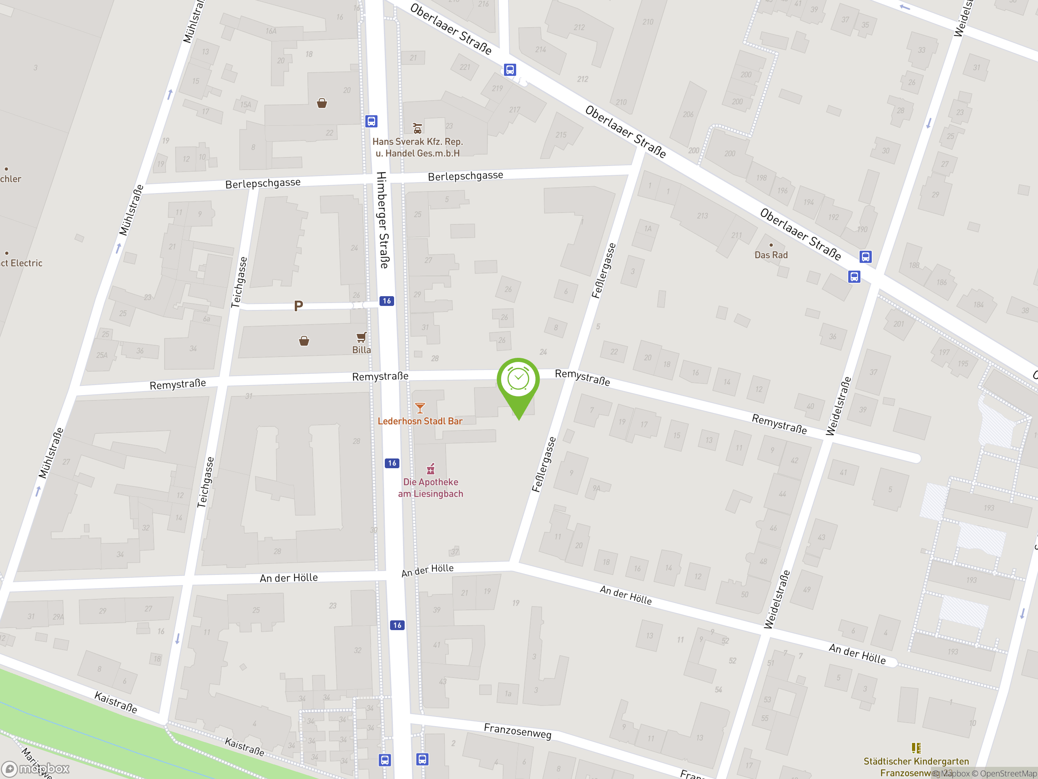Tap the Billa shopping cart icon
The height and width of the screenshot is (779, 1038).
[361, 337]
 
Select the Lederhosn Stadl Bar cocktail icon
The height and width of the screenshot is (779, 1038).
[420, 408]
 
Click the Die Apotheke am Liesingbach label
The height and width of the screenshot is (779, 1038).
[430, 487]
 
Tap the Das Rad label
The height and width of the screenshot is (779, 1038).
[771, 255]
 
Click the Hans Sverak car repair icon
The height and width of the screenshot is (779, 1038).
[417, 128]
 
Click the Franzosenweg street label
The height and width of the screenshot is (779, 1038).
[518, 731]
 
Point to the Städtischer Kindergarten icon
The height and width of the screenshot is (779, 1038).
[916, 747]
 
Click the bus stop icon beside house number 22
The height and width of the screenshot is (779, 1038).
[371, 121]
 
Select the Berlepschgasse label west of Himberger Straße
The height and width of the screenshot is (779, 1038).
[263, 183]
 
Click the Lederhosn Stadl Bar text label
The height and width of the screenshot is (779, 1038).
[420, 421]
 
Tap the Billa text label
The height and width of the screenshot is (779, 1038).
[361, 350]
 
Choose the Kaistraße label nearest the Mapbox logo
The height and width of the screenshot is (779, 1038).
[116, 702]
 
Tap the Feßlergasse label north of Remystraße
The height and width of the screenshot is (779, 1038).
[603, 271]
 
